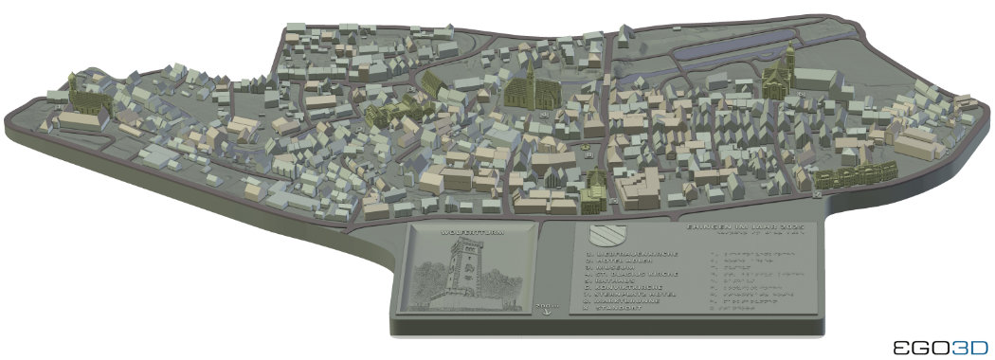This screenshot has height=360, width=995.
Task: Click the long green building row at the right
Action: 856,175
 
